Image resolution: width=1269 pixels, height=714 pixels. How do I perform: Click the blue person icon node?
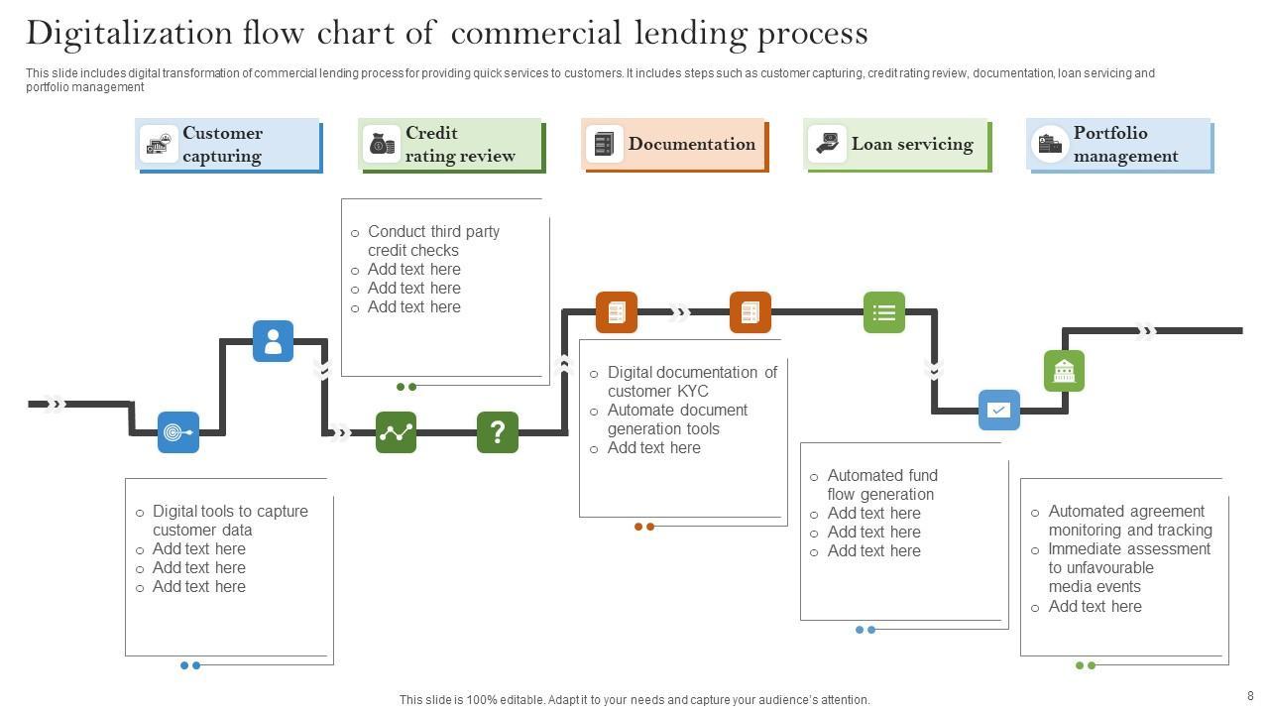coord(273,341)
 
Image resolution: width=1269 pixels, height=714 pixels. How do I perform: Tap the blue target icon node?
coord(178,432)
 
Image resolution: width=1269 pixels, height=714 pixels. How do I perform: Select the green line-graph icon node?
coord(397,432)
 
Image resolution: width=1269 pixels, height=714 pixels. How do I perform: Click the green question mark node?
coord(498,432)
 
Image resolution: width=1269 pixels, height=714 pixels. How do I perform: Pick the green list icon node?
coord(884,312)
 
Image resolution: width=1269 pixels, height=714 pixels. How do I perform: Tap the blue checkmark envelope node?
coord(999,410)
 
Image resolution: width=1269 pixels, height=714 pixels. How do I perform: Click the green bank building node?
coord(1064,371)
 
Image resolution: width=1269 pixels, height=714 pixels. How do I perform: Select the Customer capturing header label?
coord(222,145)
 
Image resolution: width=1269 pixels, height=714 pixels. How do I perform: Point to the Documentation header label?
coord(691,145)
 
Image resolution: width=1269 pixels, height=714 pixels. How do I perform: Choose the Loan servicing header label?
coord(912,145)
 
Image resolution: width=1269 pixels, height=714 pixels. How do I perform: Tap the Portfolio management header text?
coord(1125,145)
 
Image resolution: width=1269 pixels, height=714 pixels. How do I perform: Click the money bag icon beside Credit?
coord(382,145)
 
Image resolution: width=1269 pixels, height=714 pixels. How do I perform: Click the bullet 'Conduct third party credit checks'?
coord(433,241)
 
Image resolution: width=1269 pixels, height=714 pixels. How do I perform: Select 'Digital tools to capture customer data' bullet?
coord(230,521)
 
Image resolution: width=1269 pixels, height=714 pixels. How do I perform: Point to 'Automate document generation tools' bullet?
coord(677,419)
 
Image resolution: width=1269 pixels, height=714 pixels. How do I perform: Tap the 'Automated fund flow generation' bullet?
coord(881,485)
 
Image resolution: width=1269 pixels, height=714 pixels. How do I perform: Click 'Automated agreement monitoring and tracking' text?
coord(1129,521)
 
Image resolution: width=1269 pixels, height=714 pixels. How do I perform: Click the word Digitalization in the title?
coord(129,34)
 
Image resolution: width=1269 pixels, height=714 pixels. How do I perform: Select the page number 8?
coord(1250,696)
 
